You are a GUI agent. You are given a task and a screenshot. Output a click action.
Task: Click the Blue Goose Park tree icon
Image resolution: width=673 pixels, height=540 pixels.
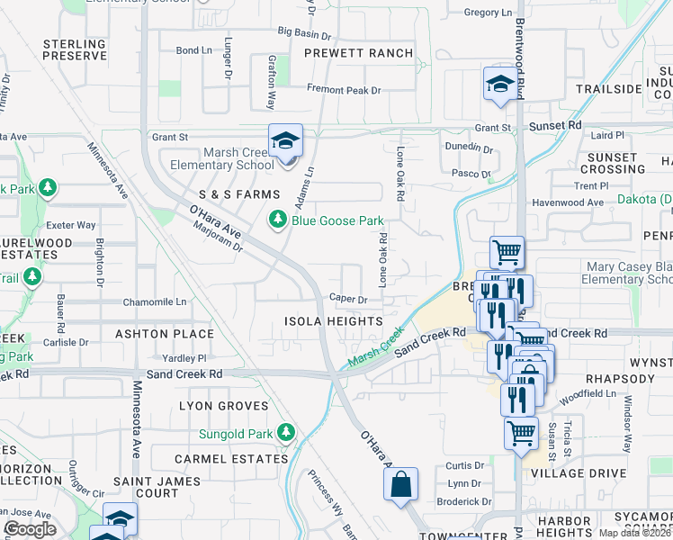pos(279,220)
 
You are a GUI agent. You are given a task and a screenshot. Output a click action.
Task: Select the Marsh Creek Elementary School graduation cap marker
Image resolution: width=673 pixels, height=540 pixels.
pos(285,142)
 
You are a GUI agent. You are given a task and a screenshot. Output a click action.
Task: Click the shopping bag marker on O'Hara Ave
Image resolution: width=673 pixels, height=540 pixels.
pos(400,483)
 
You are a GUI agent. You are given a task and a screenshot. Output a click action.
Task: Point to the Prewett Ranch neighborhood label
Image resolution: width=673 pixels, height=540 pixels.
pos(358,53)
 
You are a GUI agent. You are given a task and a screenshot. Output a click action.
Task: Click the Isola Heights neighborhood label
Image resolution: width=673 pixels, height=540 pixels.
pos(333,321)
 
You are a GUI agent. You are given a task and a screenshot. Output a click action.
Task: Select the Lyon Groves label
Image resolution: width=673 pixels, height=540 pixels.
pos(224,407)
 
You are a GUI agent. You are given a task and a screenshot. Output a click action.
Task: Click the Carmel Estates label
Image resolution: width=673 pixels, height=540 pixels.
pos(231,458)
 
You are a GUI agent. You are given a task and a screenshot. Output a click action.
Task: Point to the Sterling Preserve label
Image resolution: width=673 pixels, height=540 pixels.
pos(75,49)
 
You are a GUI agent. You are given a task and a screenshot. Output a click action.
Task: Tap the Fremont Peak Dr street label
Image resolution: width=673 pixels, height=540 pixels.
pos(344,90)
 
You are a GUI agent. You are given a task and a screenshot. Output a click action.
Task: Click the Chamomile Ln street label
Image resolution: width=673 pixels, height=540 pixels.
pos(155,301)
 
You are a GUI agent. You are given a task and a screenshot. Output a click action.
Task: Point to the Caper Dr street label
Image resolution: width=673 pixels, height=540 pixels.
pos(349,299)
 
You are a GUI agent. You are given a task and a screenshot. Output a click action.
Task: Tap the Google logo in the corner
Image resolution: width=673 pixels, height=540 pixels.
pos(30,529)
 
